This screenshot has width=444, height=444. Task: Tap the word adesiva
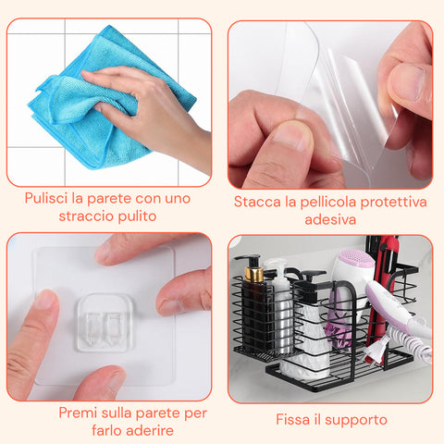click(x=330, y=220)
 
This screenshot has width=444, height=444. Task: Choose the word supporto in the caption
click(x=357, y=420)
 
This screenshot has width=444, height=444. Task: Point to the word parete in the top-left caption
click(x=109, y=196)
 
